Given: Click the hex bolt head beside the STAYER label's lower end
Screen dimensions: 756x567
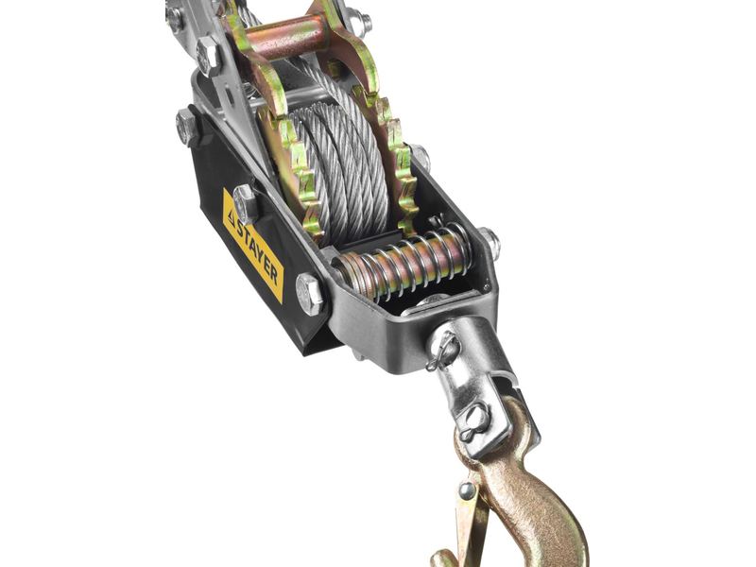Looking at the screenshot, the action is tap(309, 294).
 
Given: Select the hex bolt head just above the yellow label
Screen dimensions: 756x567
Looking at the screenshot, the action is tap(246, 204).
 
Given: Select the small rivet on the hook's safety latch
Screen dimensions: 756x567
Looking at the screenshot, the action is tap(466, 490).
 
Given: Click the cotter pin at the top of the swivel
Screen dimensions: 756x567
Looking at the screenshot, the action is tap(442, 350).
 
